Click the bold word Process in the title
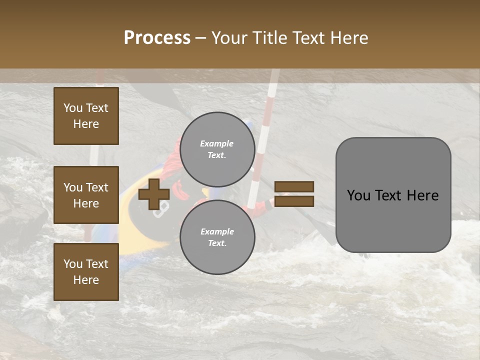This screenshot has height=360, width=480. pos(157,38)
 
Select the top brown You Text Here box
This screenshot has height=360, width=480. pos(86,116)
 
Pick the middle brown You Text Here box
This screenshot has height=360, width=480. pos(86,195)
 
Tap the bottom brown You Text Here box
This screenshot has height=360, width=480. pos(86,271)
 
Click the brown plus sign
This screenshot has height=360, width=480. pos(153,194)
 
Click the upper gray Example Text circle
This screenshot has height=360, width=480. pos(217,149)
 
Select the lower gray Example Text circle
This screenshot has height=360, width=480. pos(217,237)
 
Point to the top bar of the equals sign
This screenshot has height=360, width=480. pos(294,187)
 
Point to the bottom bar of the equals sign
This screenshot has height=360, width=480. pos(294,201)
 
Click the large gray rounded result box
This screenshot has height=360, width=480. pos(393,220)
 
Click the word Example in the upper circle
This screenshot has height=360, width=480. pos(216,143)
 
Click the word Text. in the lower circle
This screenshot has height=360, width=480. pos(217,243)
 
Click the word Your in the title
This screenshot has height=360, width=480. pos(228,38)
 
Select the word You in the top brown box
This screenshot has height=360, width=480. pos(73,108)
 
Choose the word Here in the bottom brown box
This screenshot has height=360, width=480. pos(86,280)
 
